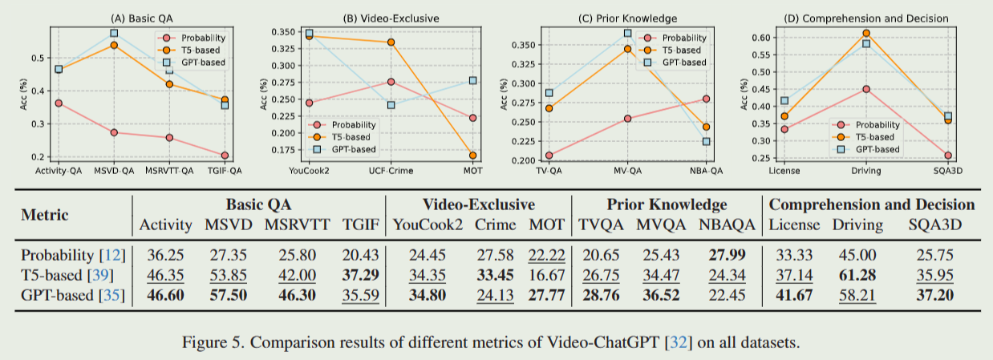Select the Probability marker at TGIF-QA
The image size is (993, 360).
[x=225, y=156]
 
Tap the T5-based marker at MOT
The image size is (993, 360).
[x=472, y=156]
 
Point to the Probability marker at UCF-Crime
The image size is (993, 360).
[x=391, y=82]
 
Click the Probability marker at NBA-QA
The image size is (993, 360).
[x=706, y=99]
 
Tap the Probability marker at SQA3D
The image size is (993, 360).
[x=947, y=156]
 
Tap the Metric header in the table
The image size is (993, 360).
[x=44, y=215]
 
